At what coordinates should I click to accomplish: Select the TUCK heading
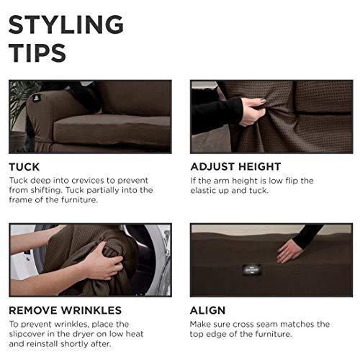coord(24,167)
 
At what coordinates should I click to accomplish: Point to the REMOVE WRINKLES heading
coord(65,311)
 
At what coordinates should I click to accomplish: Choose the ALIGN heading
coord(208,311)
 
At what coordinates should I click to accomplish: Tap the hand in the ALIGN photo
coord(290,250)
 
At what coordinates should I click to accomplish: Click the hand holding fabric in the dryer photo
coord(103,265)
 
